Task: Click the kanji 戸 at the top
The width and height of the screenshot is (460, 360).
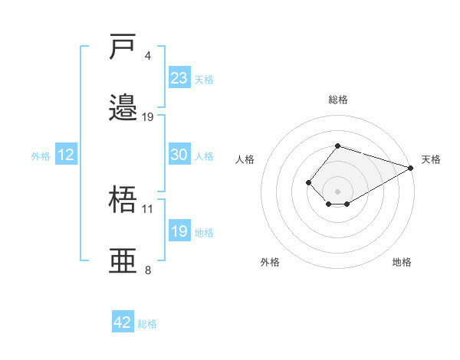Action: [x=122, y=46]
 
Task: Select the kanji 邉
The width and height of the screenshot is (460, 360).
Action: [x=123, y=107]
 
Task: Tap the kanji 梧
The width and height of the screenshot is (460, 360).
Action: [x=123, y=199]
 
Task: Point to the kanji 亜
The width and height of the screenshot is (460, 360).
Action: [x=123, y=260]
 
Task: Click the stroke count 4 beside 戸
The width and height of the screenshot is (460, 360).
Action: [x=147, y=56]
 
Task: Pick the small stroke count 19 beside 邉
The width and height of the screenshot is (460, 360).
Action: [x=147, y=117]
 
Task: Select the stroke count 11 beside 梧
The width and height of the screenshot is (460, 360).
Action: [x=147, y=209]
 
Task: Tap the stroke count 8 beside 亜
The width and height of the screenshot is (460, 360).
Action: [x=148, y=270]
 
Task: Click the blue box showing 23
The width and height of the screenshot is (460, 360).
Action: [x=179, y=77]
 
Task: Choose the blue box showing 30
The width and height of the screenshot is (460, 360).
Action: [x=179, y=154]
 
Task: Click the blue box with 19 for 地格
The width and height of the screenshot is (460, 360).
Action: [x=179, y=230]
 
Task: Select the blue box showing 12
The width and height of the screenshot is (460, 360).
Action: [x=66, y=154]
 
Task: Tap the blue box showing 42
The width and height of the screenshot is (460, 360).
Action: [x=123, y=321]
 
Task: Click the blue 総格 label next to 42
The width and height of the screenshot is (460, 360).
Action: [x=147, y=324]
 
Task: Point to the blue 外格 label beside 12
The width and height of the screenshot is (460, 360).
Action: [x=41, y=156]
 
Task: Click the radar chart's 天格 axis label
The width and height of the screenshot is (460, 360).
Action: [x=431, y=159]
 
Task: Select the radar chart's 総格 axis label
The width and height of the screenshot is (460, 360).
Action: [x=338, y=100]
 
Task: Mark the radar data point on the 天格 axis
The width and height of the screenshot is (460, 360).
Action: [x=411, y=168]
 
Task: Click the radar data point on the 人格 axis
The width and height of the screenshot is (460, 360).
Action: [x=308, y=182]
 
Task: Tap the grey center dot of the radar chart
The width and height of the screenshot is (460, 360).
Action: [x=337, y=191]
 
